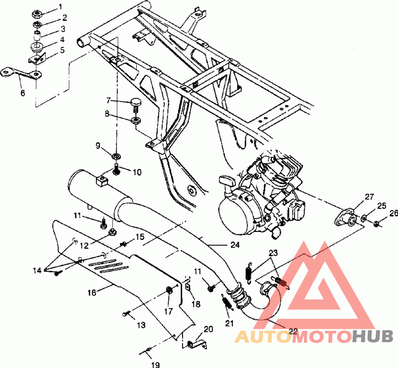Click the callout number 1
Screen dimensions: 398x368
(60, 6)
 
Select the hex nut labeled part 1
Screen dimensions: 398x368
(37, 14)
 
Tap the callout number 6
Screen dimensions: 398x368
(23, 93)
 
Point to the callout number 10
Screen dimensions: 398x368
(137, 172)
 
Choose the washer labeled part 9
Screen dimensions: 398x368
(116, 155)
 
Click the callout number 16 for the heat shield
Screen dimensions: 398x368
(92, 293)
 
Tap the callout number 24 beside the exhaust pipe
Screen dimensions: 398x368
(235, 245)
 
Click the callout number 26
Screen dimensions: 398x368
(394, 214)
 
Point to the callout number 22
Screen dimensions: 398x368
(293, 331)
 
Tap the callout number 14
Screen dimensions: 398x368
(37, 271)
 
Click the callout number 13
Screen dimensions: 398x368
(141, 325)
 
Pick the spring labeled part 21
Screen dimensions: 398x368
(227, 302)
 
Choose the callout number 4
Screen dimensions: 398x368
(62, 40)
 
